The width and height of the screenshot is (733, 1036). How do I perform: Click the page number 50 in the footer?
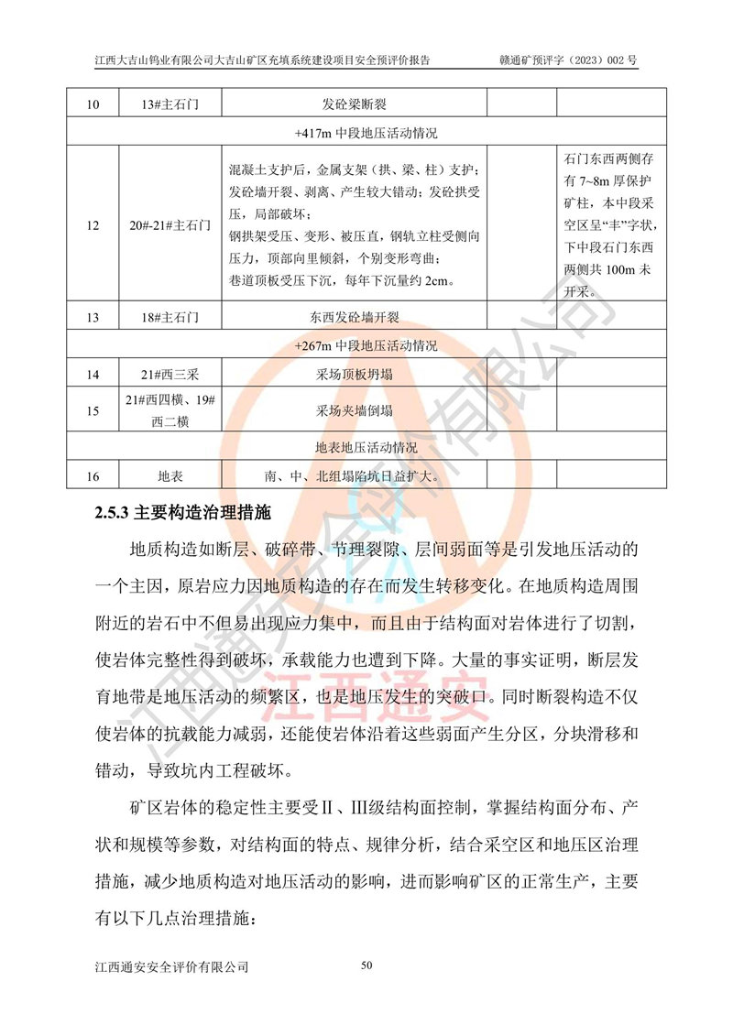[367, 965]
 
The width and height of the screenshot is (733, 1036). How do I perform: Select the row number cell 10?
[92, 104]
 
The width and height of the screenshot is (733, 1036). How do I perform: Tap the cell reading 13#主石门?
[170, 104]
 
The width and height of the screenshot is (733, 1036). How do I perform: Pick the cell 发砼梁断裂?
[354, 104]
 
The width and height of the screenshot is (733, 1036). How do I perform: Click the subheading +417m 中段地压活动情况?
[366, 133]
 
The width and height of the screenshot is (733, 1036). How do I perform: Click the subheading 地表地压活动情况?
[366, 449]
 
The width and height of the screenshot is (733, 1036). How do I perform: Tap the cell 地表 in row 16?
[170, 477]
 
